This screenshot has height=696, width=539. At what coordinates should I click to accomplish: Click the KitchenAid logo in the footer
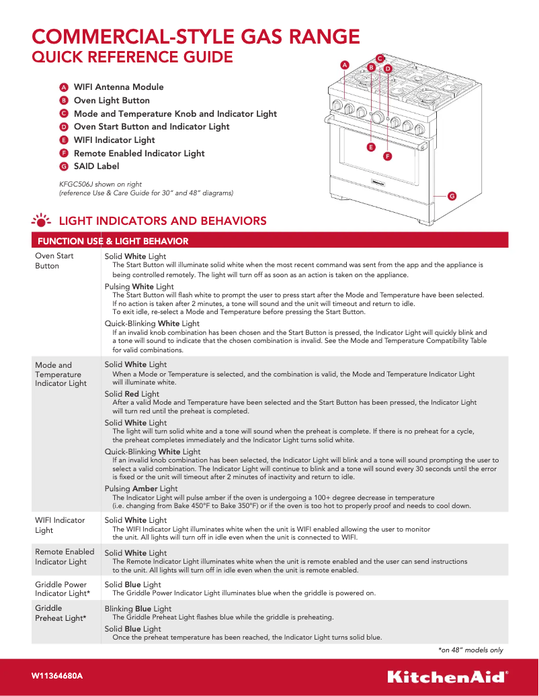447,676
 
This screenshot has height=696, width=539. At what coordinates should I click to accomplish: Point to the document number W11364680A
57,676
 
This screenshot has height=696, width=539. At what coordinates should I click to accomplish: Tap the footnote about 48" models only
470,650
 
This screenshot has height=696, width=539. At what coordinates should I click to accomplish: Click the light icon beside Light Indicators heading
42,221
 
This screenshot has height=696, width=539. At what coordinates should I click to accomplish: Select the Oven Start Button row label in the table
54,260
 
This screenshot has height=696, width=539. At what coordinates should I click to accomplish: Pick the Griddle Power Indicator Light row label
62,589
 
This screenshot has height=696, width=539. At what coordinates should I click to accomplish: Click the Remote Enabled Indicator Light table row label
65,556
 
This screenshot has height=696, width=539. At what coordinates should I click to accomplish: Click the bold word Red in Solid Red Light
132,394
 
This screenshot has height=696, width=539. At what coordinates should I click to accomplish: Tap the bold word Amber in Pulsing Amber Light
144,489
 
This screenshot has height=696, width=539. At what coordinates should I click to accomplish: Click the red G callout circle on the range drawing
452,196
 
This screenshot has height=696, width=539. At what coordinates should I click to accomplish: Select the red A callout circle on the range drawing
345,65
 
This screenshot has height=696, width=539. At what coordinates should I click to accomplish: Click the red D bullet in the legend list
63,127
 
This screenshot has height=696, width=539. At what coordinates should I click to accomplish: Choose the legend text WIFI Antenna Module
118,87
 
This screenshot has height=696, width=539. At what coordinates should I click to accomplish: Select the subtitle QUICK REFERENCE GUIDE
132,58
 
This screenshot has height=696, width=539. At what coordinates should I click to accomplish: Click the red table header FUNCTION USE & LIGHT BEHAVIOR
113,241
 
